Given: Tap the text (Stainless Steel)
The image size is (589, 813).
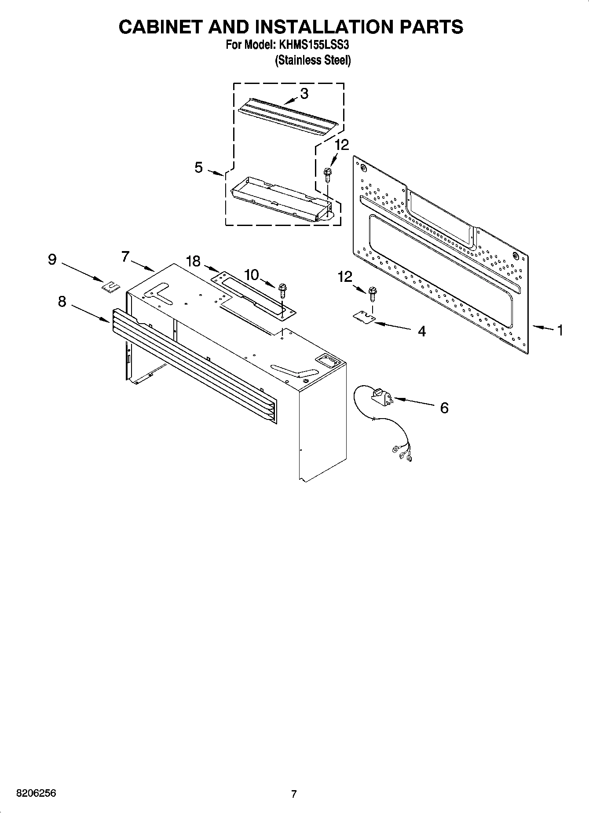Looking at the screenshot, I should (x=313, y=61).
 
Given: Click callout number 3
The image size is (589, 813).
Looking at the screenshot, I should (x=304, y=94).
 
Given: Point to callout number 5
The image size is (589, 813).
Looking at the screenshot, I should (x=199, y=167).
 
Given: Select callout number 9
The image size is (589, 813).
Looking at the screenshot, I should (x=52, y=259).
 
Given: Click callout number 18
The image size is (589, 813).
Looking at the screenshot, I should (x=193, y=261).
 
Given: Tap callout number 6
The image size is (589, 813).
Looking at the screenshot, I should (x=444, y=408).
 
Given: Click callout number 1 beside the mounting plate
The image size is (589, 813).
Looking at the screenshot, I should (x=560, y=330).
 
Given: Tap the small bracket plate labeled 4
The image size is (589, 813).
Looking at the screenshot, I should (x=363, y=317).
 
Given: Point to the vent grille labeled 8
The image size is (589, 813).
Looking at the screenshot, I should (x=194, y=365).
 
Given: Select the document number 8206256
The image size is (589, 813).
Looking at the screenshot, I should (x=36, y=794).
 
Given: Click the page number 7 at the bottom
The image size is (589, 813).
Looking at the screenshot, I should (x=294, y=794).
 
